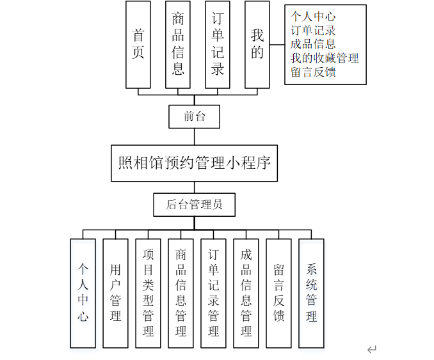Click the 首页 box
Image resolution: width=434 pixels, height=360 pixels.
click(138, 44)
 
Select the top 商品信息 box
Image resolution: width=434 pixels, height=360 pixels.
click(178, 44)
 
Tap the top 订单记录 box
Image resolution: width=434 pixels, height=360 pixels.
click(218, 44)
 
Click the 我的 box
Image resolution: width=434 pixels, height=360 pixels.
click(257, 44)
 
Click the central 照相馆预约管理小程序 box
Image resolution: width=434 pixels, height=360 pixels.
click(194, 162)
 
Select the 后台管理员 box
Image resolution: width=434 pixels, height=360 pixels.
click(194, 205)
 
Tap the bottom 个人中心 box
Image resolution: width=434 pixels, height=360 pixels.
click(83, 293)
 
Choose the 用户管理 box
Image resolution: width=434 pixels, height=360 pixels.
click(116, 293)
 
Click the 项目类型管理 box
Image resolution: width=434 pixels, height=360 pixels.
click(149, 293)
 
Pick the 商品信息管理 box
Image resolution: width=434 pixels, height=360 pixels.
click(181, 293)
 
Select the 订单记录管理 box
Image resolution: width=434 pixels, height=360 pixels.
click(214, 293)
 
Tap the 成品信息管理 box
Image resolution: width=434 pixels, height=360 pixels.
click(246, 293)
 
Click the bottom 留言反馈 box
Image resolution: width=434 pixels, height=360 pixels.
click(279, 293)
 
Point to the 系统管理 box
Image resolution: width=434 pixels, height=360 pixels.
click(312, 293)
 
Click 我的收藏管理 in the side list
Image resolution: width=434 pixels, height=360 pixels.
click(325, 58)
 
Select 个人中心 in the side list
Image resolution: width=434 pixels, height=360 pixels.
click(313, 16)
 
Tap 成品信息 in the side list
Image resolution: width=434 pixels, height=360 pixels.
click(313, 44)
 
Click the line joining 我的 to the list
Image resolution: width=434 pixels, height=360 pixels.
click(277, 45)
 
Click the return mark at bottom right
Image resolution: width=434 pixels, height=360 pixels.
click(372, 349)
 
